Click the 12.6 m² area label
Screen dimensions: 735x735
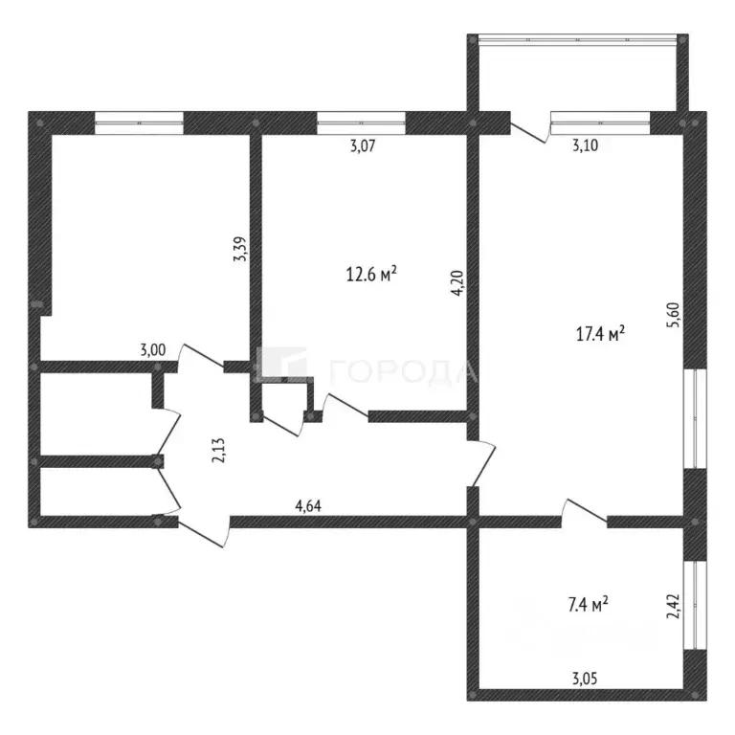tap(371, 274)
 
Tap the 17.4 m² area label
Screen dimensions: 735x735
tap(600, 334)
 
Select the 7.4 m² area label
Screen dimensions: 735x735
tap(588, 604)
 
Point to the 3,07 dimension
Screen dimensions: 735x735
tap(363, 145)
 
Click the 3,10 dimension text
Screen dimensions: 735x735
tap(585, 145)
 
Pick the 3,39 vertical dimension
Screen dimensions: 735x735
tap(240, 249)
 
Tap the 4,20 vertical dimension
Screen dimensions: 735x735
tap(458, 282)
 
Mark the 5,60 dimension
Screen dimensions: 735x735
tap(673, 315)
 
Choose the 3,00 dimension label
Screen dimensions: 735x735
tap(153, 349)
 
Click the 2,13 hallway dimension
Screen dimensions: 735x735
tap(218, 451)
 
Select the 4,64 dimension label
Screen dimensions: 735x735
tap(308, 505)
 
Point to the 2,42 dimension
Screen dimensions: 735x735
tap(673, 606)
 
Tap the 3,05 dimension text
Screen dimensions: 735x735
tap(585, 679)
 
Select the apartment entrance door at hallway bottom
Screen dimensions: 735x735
tap(204, 531)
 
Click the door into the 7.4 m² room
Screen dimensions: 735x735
tap(584, 510)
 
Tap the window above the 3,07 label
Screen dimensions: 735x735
tap(361, 122)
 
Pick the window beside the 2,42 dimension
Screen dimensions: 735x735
tap(695, 605)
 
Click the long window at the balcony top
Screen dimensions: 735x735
tap(577, 39)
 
